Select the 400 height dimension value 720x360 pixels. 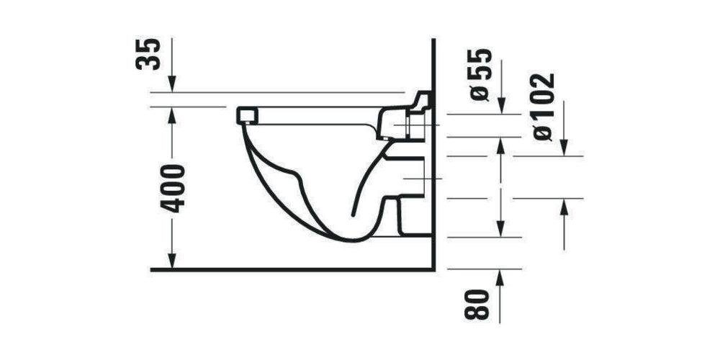tap(173, 188)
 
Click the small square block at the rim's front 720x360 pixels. tap(246, 115)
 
